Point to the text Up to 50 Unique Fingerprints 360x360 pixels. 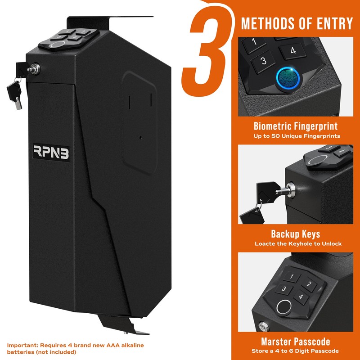tap(296, 135)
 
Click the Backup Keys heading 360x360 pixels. tap(296, 234)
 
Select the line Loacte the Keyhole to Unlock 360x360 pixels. tap(298, 243)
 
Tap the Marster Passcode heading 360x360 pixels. tap(296, 342)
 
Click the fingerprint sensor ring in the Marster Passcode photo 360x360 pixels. tap(283, 308)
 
